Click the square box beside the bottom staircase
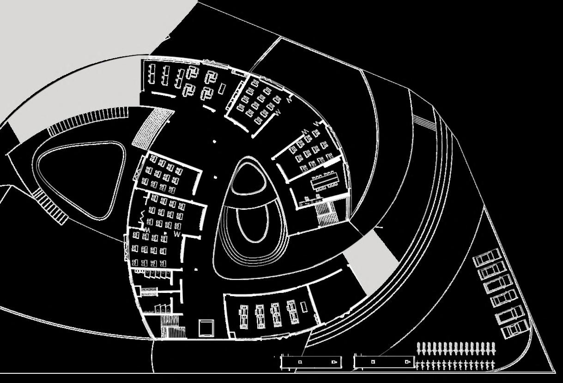pos(207,328)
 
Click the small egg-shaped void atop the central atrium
pos(249,176)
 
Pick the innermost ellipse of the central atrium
pos(253,224)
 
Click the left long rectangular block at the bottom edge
pos(311,362)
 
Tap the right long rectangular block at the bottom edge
pos(384,362)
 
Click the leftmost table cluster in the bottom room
pos(244,316)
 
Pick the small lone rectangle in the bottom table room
pos(303,306)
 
